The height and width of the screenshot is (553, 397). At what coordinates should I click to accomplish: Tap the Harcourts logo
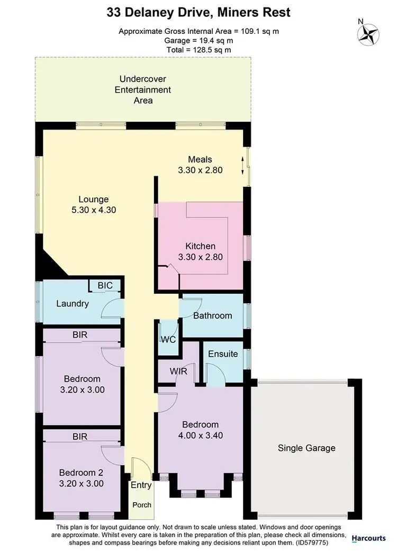click(368, 538)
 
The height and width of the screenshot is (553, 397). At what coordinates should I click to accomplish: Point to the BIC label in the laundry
click(105, 285)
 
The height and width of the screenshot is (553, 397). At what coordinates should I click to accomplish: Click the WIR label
click(178, 371)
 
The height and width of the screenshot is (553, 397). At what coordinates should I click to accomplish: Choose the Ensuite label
click(223, 353)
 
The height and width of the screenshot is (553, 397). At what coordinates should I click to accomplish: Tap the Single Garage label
click(306, 448)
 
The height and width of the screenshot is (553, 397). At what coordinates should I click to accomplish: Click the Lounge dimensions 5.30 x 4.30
click(94, 209)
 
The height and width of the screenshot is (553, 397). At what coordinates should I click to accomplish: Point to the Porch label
click(141, 504)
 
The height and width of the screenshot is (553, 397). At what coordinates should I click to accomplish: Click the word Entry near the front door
click(141, 485)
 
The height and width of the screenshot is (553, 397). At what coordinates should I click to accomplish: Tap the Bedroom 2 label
click(81, 473)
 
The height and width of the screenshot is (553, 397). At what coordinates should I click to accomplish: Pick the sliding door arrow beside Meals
click(243, 166)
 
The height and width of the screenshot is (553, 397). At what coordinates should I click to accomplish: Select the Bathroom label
click(212, 315)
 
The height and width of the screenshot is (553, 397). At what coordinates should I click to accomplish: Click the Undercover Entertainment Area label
click(143, 89)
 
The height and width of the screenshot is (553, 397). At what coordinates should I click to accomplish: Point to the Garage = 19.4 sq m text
click(198, 40)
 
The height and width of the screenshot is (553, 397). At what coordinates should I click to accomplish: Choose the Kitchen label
click(200, 246)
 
